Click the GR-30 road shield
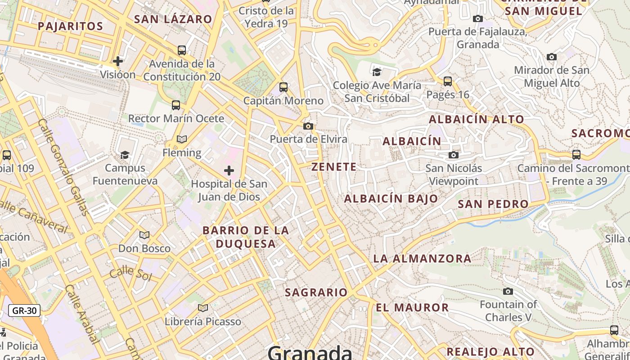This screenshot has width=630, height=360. [x=24, y=310]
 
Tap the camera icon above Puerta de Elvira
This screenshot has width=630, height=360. [x=308, y=126]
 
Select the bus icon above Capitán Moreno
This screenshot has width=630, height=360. [x=283, y=87]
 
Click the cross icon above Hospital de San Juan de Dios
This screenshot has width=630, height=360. [x=229, y=171]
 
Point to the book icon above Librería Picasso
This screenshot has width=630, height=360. [x=203, y=308]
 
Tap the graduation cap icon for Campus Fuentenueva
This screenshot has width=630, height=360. [x=125, y=155]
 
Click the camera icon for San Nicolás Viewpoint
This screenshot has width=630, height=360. [x=454, y=155]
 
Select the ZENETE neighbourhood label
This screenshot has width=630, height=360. [x=334, y=167]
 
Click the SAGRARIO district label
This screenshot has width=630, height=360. [x=316, y=292]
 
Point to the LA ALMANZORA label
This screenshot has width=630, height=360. [x=422, y=259]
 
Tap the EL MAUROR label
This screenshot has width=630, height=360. [x=412, y=308]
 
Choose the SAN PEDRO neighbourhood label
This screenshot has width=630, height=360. [x=493, y=204]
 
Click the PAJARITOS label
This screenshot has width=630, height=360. [x=71, y=26]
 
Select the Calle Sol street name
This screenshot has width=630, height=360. [x=130, y=273]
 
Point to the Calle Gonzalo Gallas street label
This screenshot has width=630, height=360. [x=63, y=171]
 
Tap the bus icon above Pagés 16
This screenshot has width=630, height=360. [x=447, y=81]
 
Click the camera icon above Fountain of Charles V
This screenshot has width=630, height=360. [x=508, y=292]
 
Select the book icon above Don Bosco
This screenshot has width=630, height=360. [x=144, y=235]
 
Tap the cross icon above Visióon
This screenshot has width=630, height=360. [x=118, y=61]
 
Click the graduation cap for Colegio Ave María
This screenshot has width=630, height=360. [x=377, y=72]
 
